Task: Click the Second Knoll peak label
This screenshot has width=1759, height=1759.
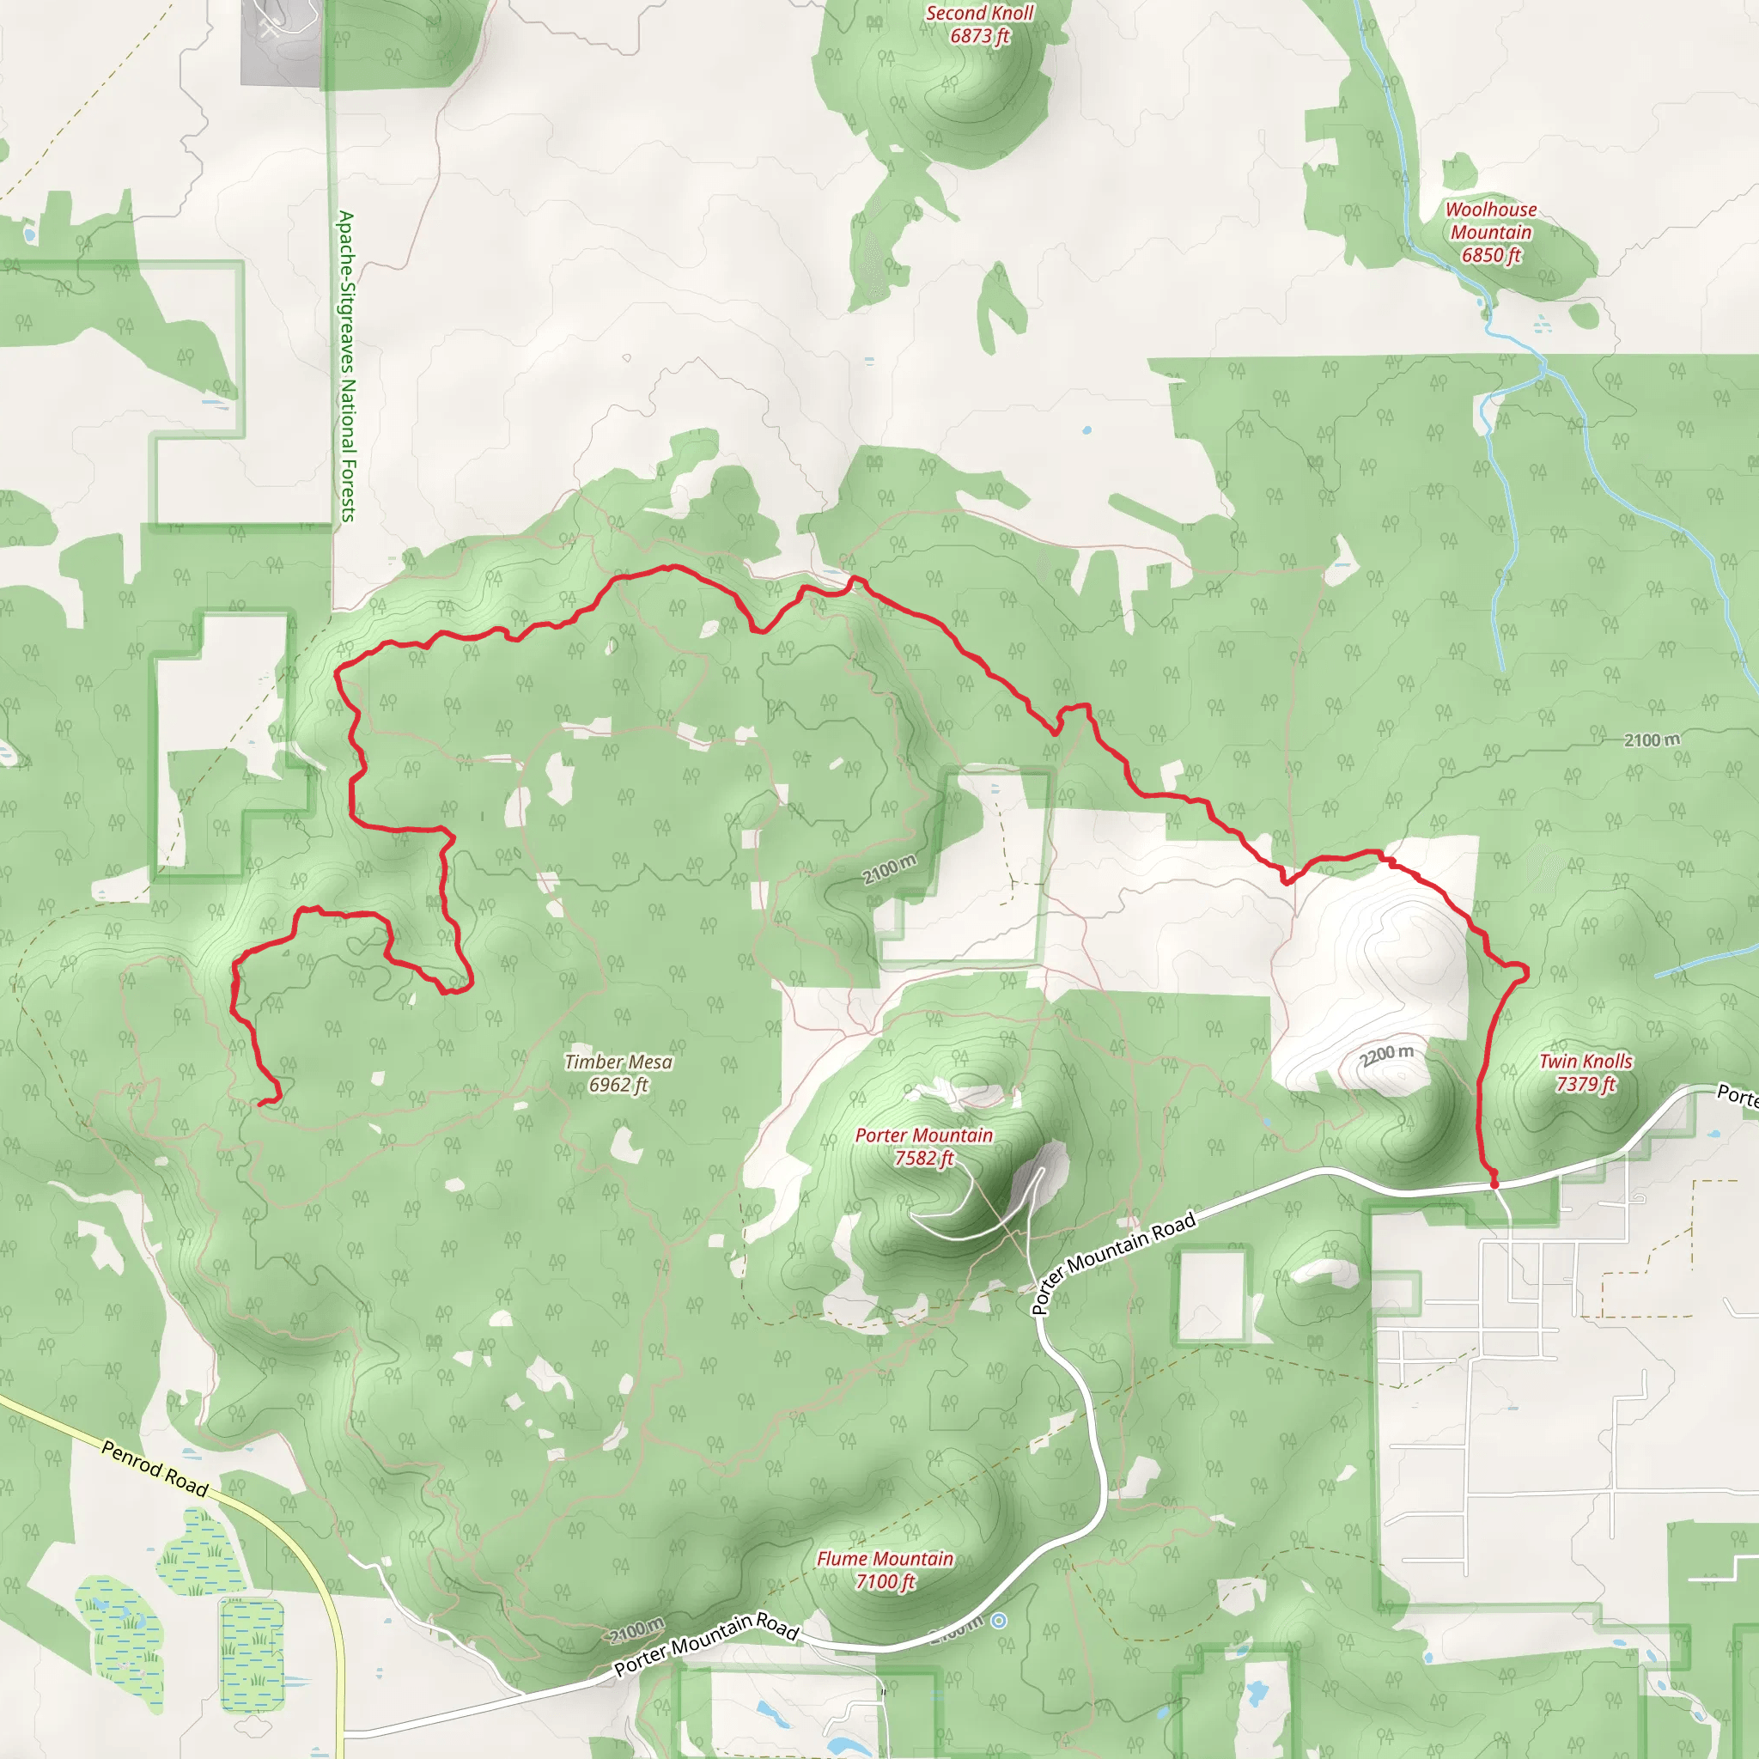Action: click(980, 14)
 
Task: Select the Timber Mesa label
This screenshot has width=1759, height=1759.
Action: click(618, 1062)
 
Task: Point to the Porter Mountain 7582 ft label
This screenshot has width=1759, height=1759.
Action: click(923, 1147)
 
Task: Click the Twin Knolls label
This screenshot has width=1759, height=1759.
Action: click(1586, 1061)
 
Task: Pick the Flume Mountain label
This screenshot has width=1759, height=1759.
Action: click(884, 1559)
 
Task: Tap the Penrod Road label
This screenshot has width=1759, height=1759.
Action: click(155, 1468)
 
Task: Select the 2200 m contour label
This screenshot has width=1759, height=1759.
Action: click(1385, 1056)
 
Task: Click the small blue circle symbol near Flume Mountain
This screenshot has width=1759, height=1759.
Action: click(999, 1621)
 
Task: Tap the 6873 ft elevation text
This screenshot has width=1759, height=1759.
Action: click(980, 36)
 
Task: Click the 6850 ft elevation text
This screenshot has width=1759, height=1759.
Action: click(1490, 256)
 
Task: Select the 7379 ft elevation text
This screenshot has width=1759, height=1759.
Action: click(1586, 1085)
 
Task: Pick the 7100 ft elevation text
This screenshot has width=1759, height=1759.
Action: click(884, 1582)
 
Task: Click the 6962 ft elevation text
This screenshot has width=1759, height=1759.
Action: click(618, 1086)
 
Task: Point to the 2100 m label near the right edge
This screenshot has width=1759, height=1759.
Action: click(1652, 740)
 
